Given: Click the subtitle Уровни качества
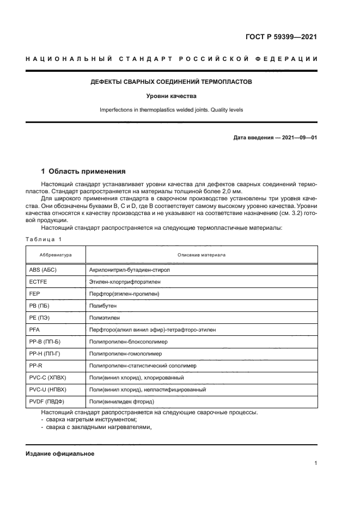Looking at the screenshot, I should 171,96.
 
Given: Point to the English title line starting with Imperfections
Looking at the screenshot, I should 171,109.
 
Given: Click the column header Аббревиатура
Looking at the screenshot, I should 56,255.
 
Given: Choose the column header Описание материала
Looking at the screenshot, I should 202,255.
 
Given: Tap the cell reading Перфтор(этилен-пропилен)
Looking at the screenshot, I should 124,294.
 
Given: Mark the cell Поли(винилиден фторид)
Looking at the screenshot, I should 121,402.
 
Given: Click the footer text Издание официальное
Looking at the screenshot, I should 60,453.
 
